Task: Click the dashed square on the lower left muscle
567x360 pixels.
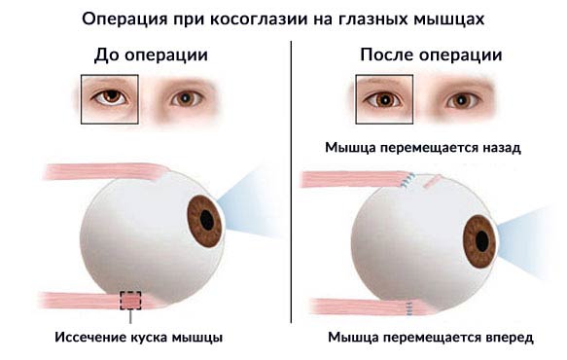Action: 130,301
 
